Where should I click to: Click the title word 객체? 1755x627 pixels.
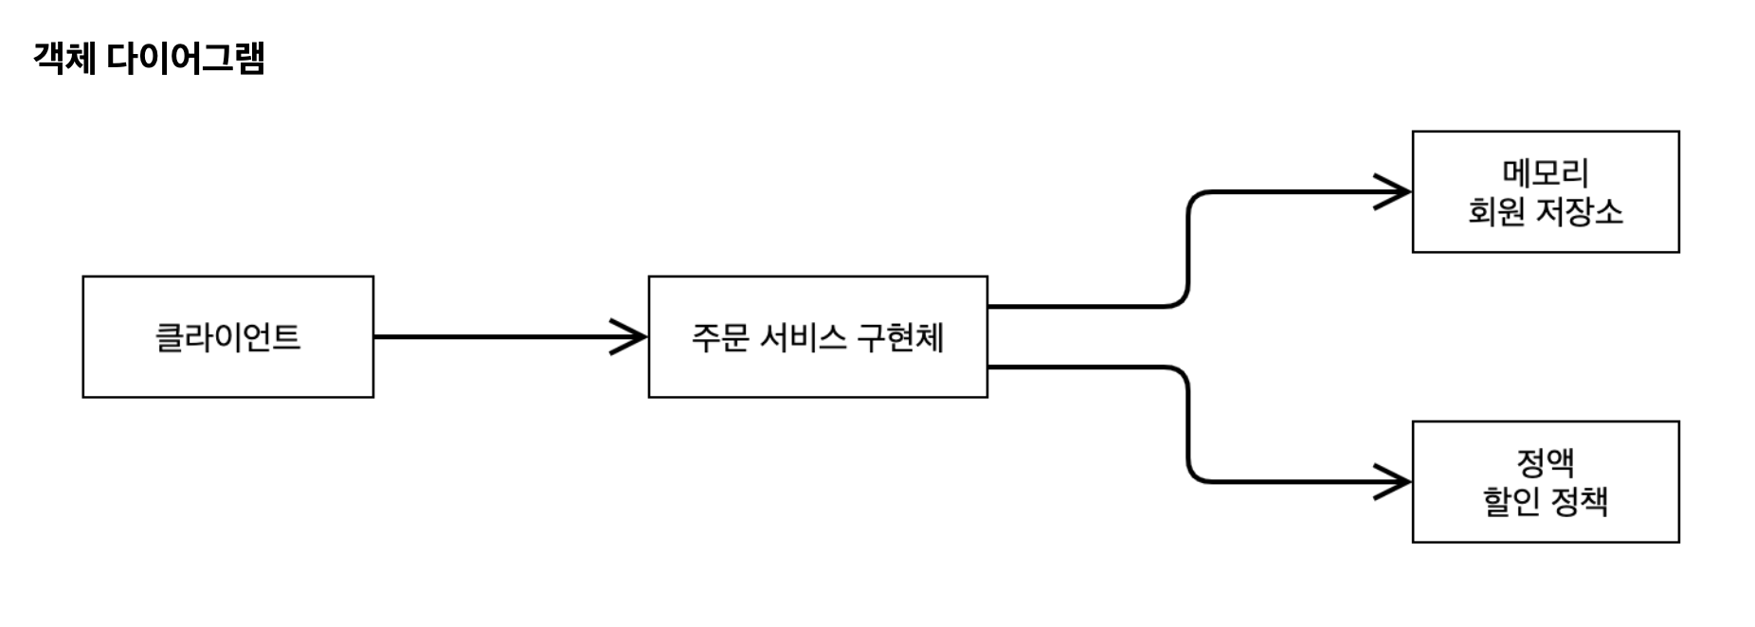(x=64, y=58)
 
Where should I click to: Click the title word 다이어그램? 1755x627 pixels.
(x=185, y=58)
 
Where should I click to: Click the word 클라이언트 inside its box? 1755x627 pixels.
(x=227, y=337)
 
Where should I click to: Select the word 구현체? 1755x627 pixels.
(x=899, y=337)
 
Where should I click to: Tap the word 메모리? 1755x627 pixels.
(x=1545, y=172)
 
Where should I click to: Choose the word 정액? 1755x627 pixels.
(x=1545, y=462)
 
